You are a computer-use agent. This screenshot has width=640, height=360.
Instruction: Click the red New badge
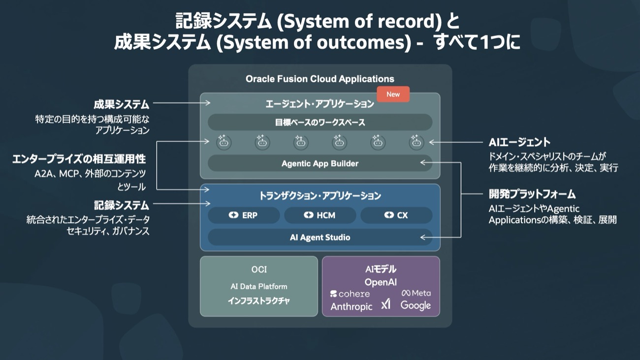393,95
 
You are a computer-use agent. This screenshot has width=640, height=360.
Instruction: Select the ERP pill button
244,215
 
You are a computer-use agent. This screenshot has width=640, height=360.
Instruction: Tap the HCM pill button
320,215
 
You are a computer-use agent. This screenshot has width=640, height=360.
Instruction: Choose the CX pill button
396,215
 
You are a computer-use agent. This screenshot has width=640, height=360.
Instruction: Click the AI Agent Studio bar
320,237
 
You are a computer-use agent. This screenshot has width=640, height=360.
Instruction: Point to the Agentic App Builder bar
320,164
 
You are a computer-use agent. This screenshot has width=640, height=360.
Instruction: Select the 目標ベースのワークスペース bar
320,122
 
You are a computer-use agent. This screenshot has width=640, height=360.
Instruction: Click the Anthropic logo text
352,306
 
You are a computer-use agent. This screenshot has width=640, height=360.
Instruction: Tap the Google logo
416,306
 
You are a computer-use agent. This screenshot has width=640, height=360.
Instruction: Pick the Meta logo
416,293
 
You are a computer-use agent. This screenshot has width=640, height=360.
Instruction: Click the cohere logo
350,294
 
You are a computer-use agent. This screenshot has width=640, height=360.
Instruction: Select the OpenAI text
381,282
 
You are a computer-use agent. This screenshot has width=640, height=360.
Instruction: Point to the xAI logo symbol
385,304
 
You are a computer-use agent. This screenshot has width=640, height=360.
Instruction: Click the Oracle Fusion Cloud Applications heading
320,79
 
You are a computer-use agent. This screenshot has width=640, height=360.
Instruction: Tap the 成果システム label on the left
121,104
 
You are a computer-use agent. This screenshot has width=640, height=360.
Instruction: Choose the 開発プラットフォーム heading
532,194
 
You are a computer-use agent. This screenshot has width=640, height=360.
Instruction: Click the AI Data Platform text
259,286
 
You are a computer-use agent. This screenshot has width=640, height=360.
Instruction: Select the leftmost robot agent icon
224,142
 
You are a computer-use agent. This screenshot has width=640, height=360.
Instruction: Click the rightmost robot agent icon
416,142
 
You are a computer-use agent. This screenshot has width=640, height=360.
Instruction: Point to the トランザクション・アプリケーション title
320,196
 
